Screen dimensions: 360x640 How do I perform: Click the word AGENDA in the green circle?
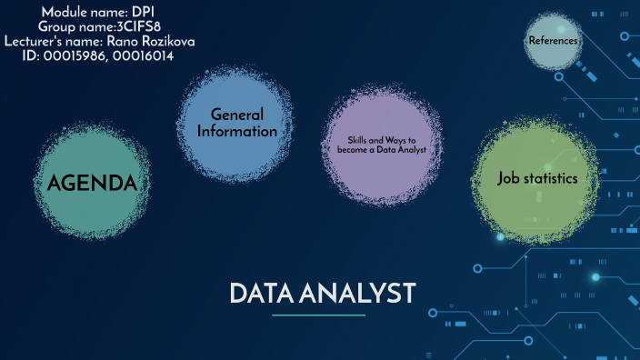(x=92, y=184)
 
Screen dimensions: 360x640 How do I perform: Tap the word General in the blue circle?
(x=236, y=115)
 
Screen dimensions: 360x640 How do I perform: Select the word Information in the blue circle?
(x=236, y=131)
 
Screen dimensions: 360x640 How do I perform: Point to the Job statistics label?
(x=537, y=178)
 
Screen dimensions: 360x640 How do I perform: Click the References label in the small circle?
(x=552, y=40)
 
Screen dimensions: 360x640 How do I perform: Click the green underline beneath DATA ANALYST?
(x=318, y=315)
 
